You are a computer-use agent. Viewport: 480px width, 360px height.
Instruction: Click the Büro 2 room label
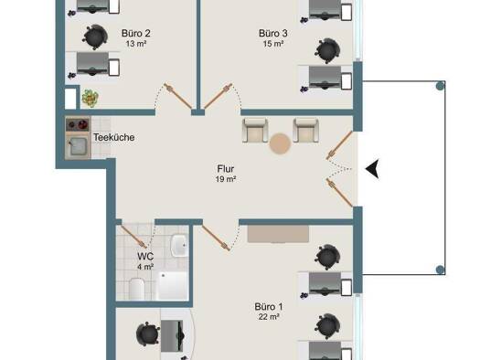135,33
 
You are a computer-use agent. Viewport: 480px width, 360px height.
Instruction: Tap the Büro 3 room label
273,33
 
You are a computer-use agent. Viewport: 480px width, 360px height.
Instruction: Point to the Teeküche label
114,138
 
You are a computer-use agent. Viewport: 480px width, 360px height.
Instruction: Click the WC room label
145,257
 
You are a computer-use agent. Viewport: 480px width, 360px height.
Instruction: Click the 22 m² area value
268,317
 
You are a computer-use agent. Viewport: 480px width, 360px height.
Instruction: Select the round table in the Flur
280,143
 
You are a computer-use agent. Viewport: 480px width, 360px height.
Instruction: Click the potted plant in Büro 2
90,97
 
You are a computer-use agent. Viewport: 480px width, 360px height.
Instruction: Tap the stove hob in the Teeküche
76,126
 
